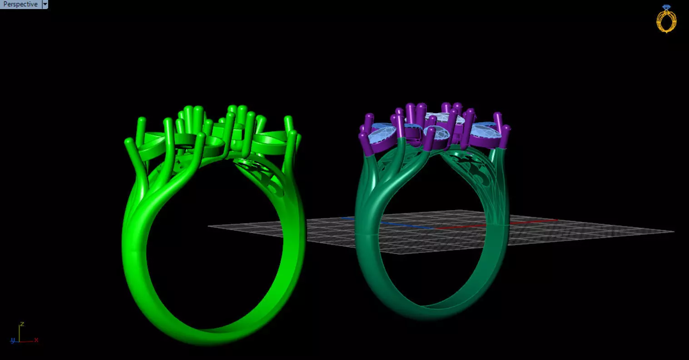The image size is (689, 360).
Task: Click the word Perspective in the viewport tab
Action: (20, 4)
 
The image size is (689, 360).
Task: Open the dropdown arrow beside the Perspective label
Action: (45, 4)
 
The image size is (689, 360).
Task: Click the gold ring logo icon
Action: (666, 20)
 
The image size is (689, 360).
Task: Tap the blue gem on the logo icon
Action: (666, 7)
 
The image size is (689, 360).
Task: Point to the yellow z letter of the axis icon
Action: (22, 325)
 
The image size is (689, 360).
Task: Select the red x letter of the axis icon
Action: (36, 340)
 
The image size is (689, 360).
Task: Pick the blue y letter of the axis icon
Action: (13, 340)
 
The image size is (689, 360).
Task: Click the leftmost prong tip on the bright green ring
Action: (128, 142)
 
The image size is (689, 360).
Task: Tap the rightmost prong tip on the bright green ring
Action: (293, 134)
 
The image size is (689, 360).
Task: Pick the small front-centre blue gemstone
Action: (436, 133)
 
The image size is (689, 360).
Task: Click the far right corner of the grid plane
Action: (673, 232)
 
